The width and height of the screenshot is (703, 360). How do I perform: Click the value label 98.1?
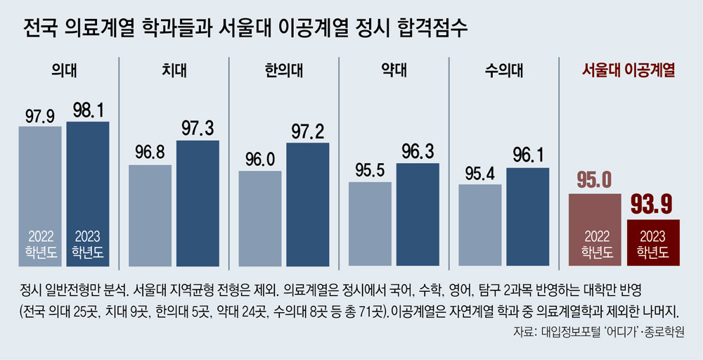click(88, 110)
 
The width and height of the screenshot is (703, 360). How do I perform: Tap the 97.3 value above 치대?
click(198, 129)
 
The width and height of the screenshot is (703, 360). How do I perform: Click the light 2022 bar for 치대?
click(150, 215)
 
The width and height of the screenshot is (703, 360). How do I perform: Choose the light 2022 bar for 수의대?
click(479, 225)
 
